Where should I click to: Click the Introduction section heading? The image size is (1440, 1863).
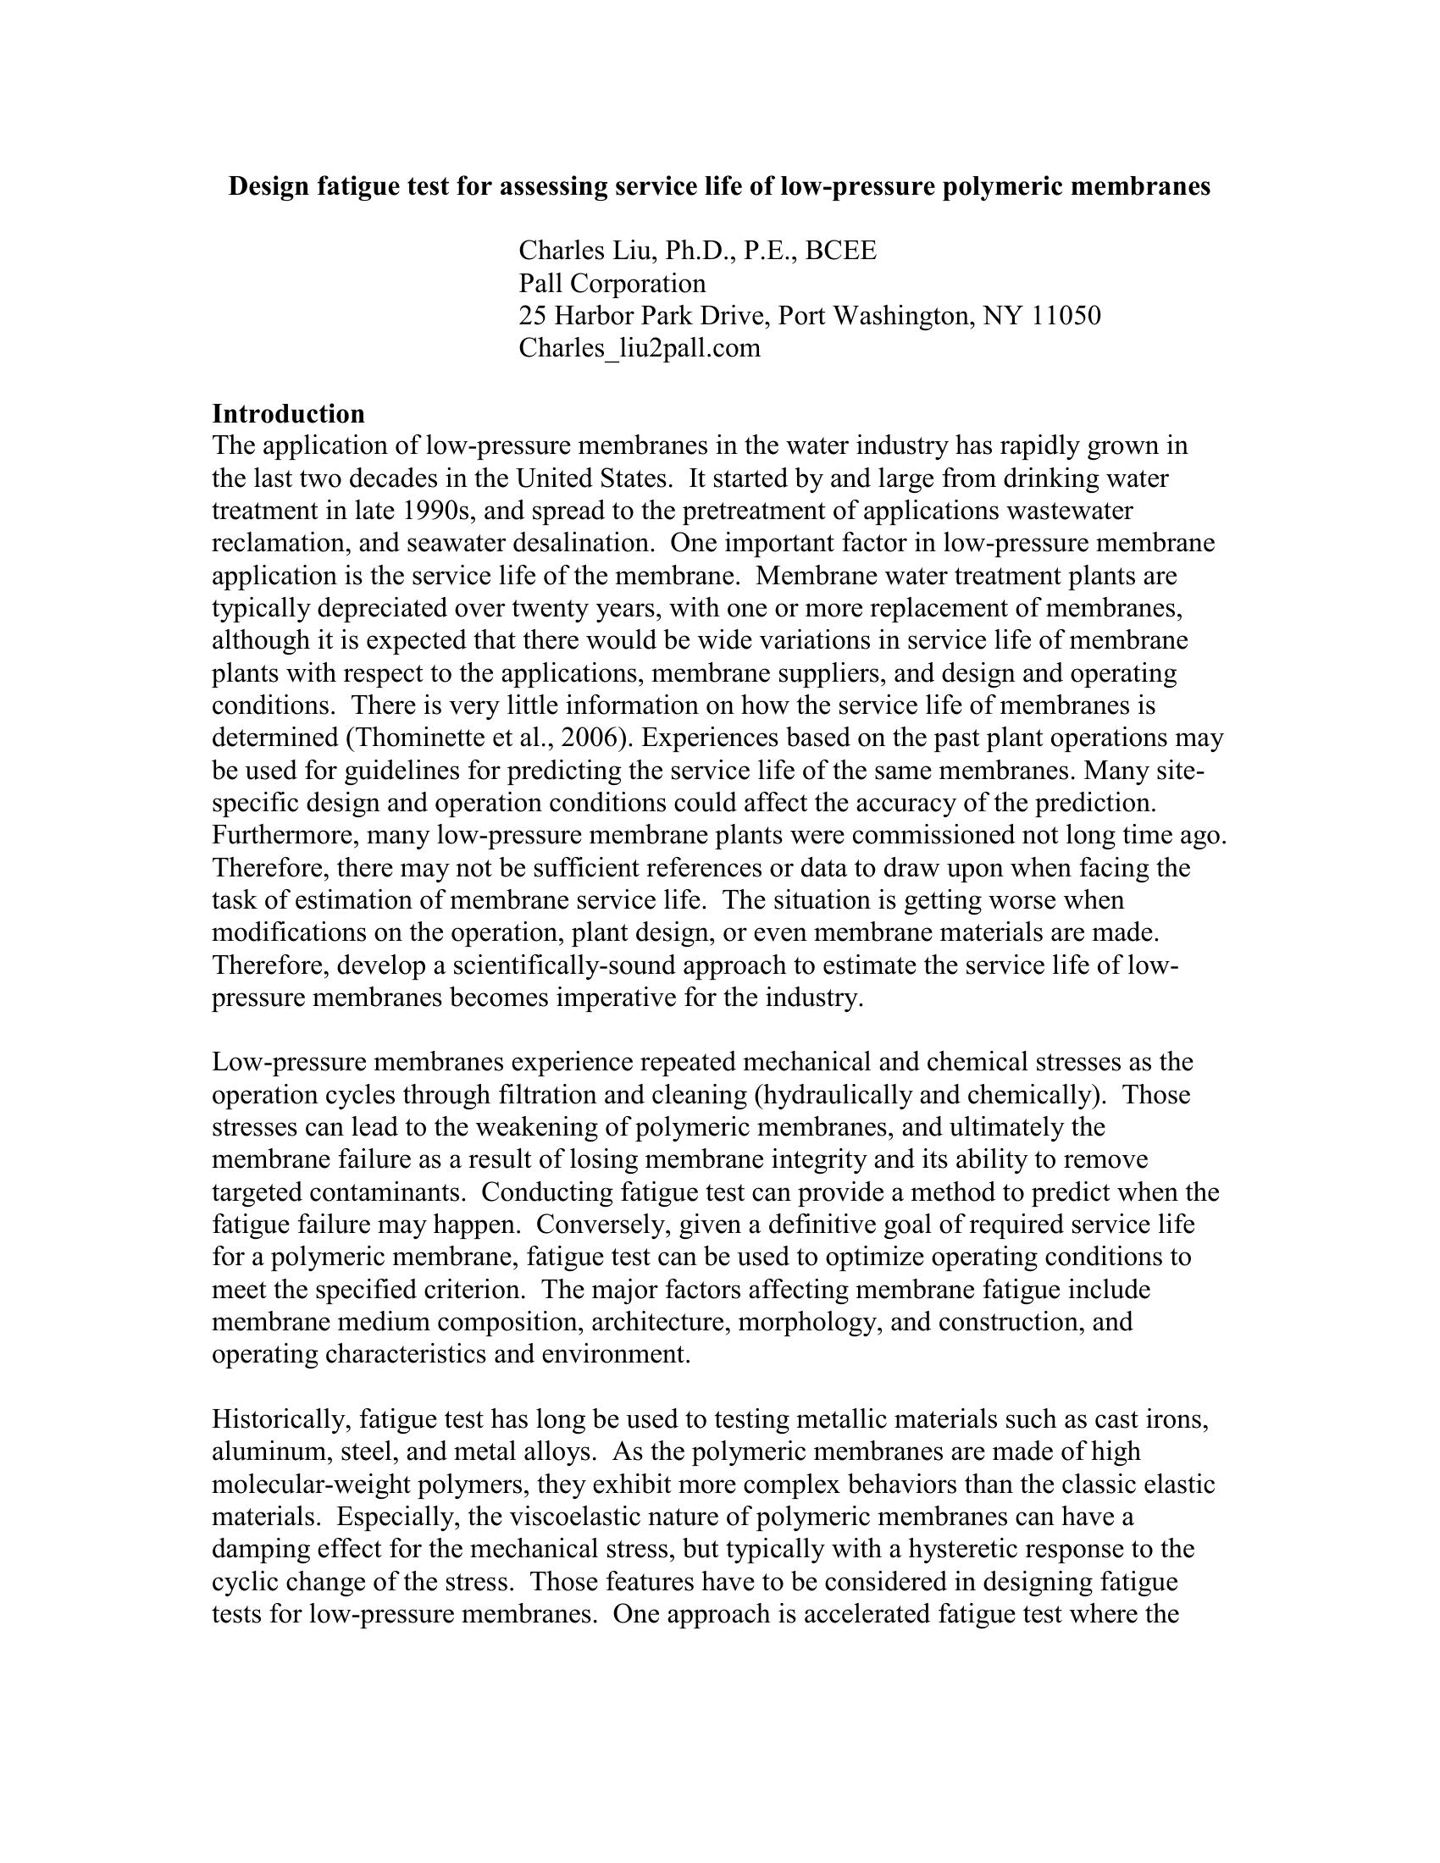[x=288, y=414]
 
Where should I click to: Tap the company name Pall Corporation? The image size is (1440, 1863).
[x=612, y=283]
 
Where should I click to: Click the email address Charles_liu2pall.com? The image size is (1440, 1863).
[x=639, y=348]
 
